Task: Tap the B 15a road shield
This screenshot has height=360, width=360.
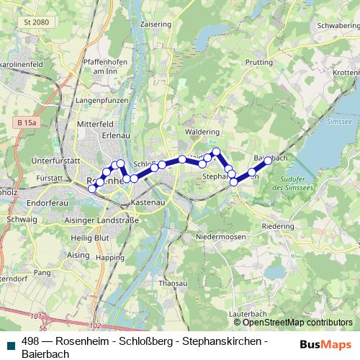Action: click(27, 123)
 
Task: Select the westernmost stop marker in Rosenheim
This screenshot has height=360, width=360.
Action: click(91, 189)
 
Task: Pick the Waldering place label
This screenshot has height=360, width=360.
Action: click(202, 132)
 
